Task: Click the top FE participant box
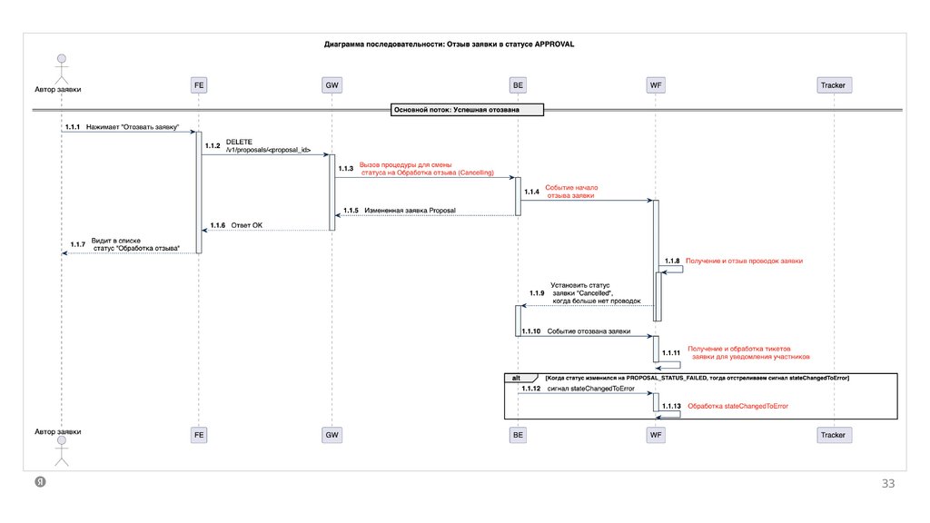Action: coord(199,85)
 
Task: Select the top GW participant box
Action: coord(332,85)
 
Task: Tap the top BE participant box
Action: coord(518,85)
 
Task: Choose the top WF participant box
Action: coord(655,85)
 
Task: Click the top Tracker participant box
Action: coord(832,85)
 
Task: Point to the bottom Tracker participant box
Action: coord(832,435)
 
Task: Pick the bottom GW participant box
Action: coord(332,435)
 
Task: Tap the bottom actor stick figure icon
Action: coord(62,449)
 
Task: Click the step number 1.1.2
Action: coord(213,145)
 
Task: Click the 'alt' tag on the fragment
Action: coord(516,377)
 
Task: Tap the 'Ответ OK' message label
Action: coord(246,224)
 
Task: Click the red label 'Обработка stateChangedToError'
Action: coord(737,406)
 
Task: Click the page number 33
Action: coord(888,484)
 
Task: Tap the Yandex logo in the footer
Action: coord(40,482)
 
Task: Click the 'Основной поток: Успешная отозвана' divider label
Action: coord(468,110)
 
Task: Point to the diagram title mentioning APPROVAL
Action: coord(450,44)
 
